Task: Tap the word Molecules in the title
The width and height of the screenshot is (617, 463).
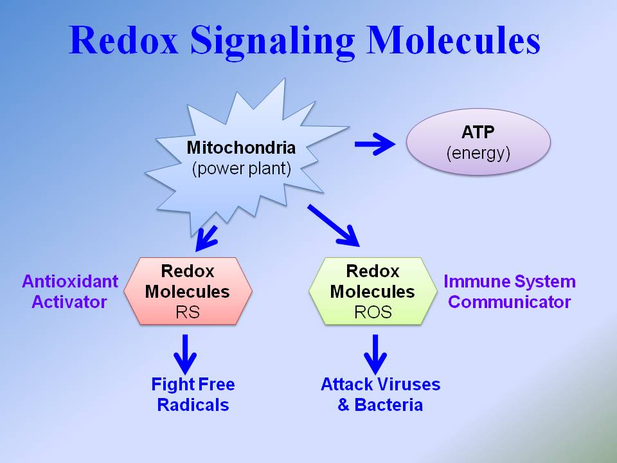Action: click(x=454, y=40)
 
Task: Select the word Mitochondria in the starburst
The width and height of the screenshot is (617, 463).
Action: click(x=241, y=148)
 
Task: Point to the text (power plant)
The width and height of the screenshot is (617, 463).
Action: click(x=241, y=170)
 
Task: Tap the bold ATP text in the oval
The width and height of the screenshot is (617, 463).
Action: click(x=479, y=132)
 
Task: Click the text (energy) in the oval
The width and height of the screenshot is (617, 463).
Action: click(x=479, y=154)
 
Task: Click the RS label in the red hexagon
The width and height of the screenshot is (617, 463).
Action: click(x=187, y=313)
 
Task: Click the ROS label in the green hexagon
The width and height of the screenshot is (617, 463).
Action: click(x=372, y=313)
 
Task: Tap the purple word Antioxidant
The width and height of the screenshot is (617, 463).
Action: click(x=70, y=282)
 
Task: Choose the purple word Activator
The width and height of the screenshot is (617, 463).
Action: click(x=69, y=302)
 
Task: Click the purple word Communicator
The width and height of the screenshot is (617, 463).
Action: click(x=509, y=302)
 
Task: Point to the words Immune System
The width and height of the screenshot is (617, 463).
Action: click(x=509, y=282)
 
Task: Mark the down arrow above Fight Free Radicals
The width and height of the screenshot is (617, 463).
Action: click(x=186, y=353)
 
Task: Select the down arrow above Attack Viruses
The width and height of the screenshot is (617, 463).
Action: click(x=375, y=353)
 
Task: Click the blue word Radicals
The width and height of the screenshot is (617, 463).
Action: click(x=193, y=405)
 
